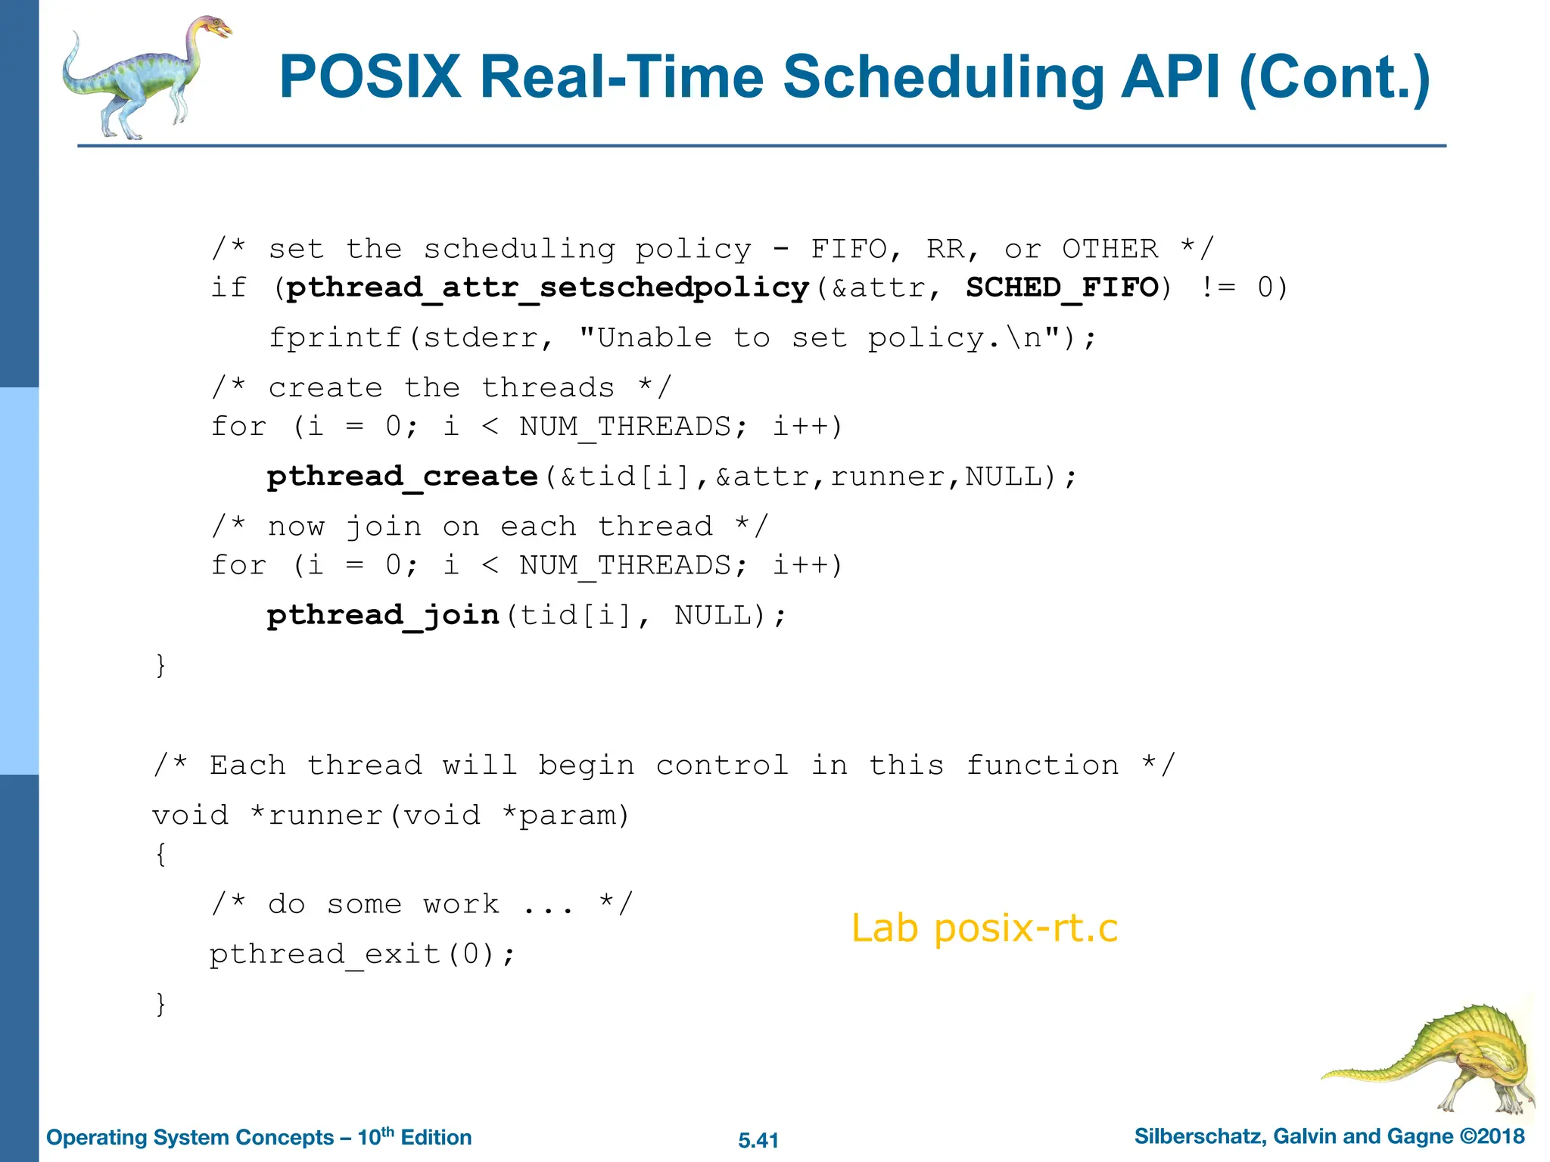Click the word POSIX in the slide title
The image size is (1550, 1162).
click(370, 77)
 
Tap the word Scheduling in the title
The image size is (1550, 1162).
click(941, 77)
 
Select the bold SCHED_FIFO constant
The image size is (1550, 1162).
click(1062, 287)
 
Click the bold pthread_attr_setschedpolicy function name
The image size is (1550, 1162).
click(548, 287)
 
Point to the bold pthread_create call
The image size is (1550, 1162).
click(402, 477)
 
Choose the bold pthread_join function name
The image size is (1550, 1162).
click(383, 615)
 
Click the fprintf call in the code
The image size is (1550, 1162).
click(335, 337)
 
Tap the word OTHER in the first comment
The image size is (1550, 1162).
click(1110, 249)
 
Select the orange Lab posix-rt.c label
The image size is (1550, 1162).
click(984, 928)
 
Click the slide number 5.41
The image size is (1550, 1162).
click(758, 1140)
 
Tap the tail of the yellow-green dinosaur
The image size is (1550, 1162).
click(1355, 1073)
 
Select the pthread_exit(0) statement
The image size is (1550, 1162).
click(362, 954)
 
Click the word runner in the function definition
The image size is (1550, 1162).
click(325, 816)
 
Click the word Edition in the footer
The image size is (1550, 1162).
click(436, 1138)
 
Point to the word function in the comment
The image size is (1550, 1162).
click(1042, 766)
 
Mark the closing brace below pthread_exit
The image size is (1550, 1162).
click(160, 1004)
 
